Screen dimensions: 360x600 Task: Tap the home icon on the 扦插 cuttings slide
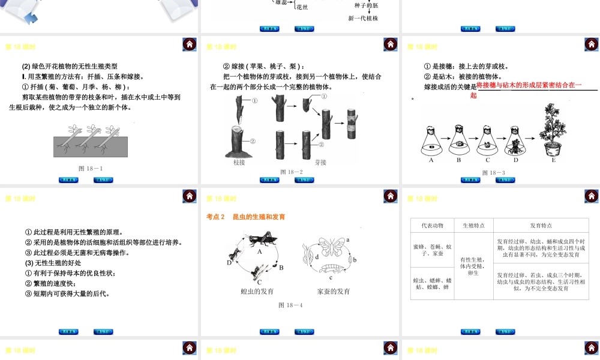point(189,44)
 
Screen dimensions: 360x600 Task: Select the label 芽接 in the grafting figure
point(320,162)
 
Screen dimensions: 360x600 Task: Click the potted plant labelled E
point(553,133)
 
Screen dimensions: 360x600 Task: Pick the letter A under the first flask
point(431,160)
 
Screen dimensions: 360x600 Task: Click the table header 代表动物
point(432,226)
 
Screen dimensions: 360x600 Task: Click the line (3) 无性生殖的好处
point(53,263)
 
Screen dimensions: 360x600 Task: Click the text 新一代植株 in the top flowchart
point(363,18)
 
